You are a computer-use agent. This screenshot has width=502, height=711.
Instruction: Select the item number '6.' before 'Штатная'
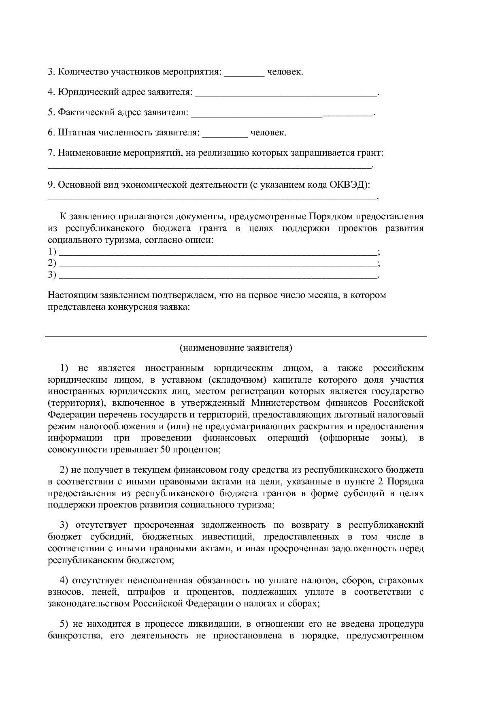click(51, 133)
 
